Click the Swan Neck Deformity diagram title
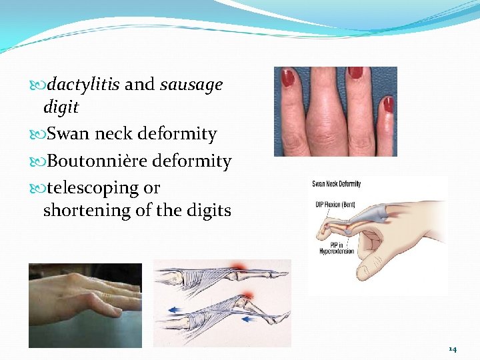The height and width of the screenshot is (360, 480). click(x=337, y=184)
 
